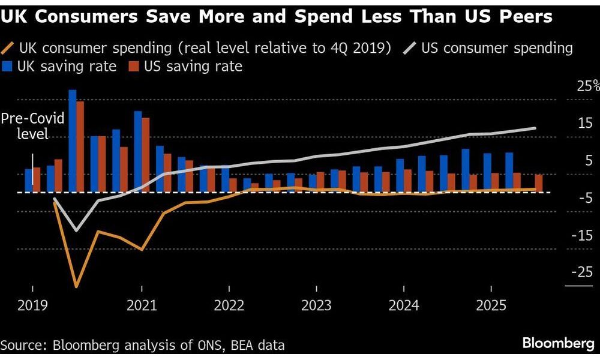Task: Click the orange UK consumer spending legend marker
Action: (x=8, y=47)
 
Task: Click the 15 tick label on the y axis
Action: (x=584, y=124)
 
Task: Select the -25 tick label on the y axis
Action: (x=583, y=272)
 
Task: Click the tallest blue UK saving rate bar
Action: (x=73, y=141)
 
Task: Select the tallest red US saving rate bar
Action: (x=80, y=146)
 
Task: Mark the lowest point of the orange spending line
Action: (x=76, y=286)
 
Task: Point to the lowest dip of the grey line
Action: (x=76, y=230)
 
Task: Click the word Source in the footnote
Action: (x=23, y=345)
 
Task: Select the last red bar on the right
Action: (x=539, y=183)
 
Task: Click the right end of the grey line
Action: (x=535, y=128)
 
